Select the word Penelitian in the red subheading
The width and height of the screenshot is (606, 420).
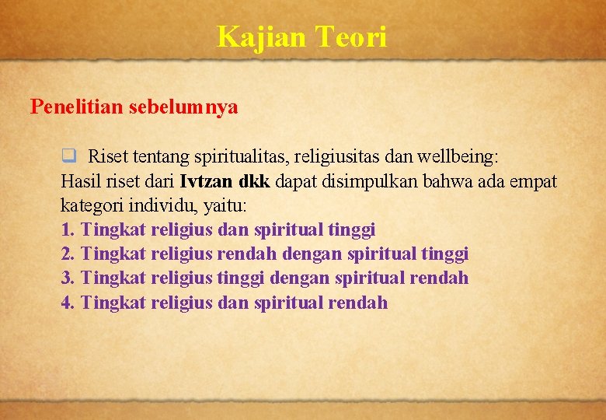[x=75, y=107]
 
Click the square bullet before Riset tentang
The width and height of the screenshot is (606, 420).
[x=68, y=156]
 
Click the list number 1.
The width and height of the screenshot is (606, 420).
[x=67, y=230]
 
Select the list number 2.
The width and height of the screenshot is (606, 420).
[x=67, y=254]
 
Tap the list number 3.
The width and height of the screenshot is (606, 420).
[x=67, y=278]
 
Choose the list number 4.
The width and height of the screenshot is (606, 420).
[x=67, y=303]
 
